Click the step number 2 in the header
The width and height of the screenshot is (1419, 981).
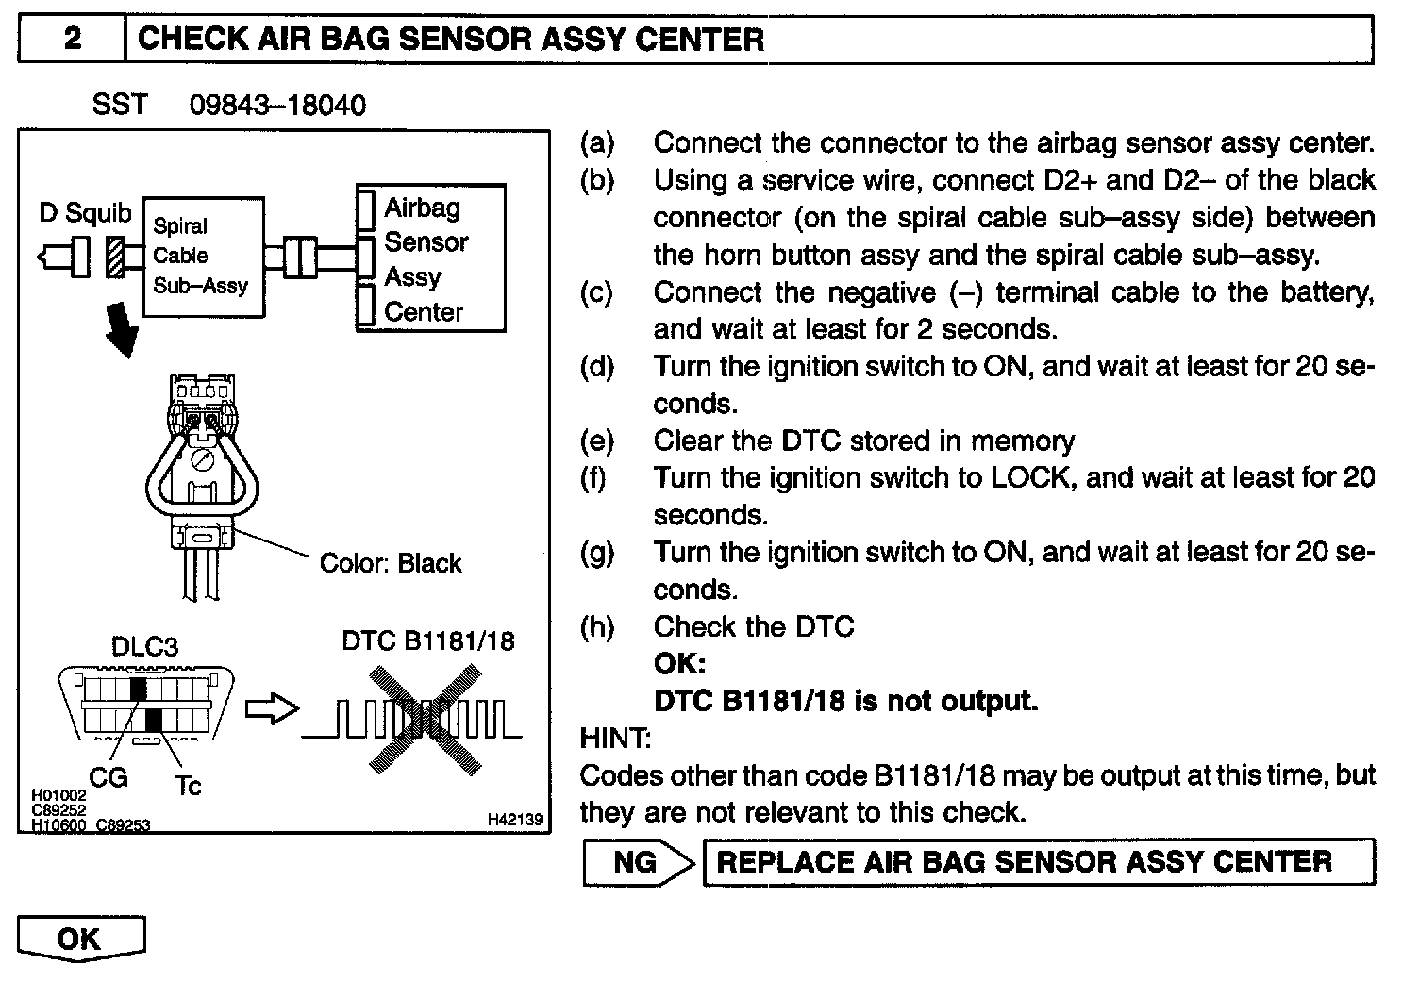click(x=72, y=40)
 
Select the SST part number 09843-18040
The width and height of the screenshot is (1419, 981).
click(x=277, y=105)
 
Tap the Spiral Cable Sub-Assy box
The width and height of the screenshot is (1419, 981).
click(x=203, y=256)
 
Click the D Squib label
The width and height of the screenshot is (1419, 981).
click(x=85, y=212)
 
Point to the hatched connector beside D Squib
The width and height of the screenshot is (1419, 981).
click(x=116, y=257)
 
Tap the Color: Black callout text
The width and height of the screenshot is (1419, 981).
click(x=391, y=563)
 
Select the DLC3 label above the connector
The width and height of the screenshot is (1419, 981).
click(x=144, y=647)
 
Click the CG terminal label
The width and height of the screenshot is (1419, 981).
click(x=108, y=778)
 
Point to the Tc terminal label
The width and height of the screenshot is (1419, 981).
click(x=189, y=786)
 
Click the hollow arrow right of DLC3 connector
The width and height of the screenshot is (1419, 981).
click(x=272, y=710)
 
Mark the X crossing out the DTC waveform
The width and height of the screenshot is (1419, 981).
click(x=419, y=721)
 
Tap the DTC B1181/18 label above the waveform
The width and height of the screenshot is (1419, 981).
click(x=428, y=641)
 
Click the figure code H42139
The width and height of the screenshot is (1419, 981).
click(x=515, y=821)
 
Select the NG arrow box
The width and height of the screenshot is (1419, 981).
click(x=639, y=862)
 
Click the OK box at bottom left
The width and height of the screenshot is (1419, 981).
click(x=81, y=939)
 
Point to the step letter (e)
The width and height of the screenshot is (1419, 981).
click(x=596, y=441)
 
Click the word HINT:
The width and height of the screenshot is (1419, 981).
click(x=615, y=739)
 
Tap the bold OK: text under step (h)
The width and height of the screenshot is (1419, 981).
click(x=679, y=664)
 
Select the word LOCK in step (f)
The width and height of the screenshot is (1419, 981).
click(x=1031, y=478)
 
